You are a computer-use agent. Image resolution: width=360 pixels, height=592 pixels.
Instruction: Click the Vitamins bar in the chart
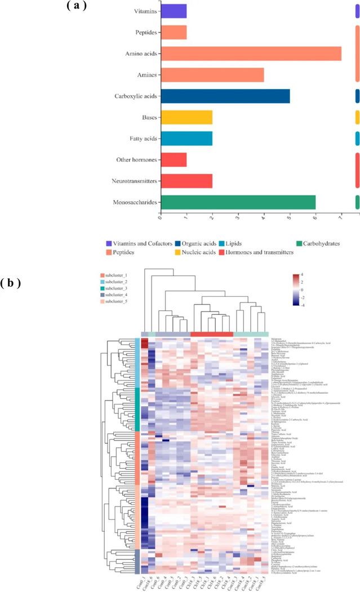point(174,11)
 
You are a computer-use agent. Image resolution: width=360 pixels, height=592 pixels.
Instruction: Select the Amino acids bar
point(251,54)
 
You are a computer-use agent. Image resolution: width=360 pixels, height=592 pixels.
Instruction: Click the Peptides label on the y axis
point(145,33)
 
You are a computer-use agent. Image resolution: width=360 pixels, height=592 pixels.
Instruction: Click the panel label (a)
point(79,7)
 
